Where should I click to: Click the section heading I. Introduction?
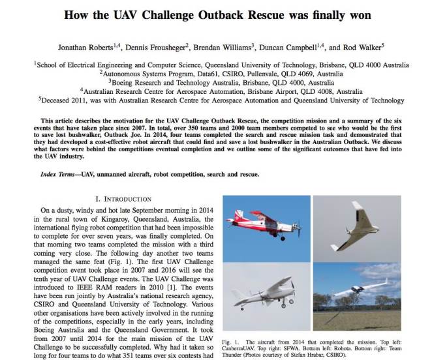tap(124, 198)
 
